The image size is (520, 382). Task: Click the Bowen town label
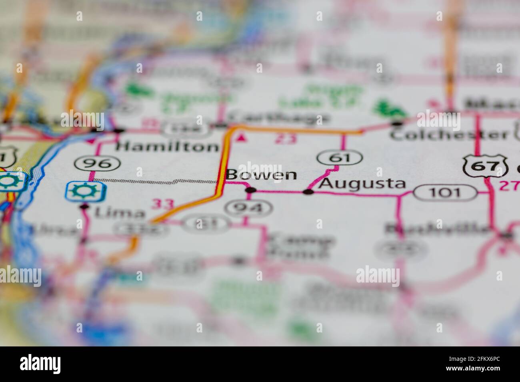(x=261, y=175)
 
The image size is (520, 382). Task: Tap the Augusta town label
(x=363, y=183)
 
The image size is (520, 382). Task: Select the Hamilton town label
(x=167, y=147)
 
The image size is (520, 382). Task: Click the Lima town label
(x=120, y=213)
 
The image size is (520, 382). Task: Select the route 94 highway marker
(x=249, y=207)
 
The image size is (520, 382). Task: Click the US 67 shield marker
(x=486, y=166)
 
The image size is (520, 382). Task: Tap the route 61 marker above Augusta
(x=340, y=158)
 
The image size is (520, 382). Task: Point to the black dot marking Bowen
(x=251, y=191)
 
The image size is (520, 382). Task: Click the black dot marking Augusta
(x=308, y=192)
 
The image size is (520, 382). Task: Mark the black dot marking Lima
(x=84, y=206)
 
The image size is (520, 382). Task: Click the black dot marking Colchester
(x=397, y=123)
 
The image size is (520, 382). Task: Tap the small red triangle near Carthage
(x=240, y=138)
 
